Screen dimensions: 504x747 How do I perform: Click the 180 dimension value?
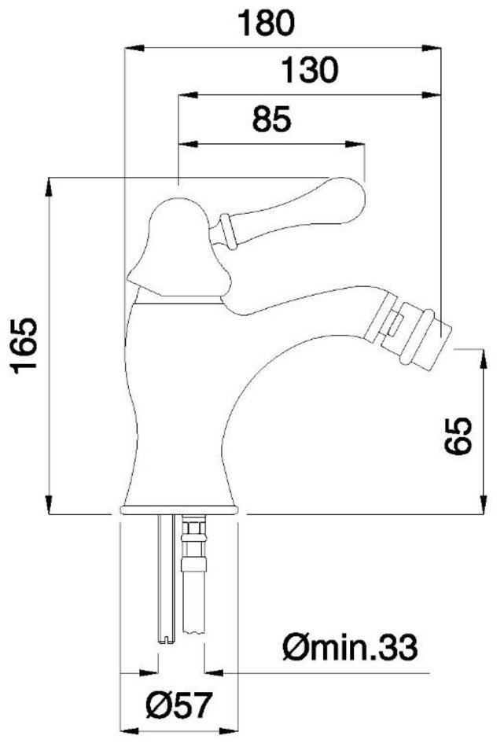pos(267,24)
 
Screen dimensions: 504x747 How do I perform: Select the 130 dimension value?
pos(309,70)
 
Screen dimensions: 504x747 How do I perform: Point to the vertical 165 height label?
pos(26,345)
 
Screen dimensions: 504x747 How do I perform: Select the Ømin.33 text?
pos(350,647)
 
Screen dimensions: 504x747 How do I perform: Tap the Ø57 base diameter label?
pos(178,705)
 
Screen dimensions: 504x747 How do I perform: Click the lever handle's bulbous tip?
pos(344,199)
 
